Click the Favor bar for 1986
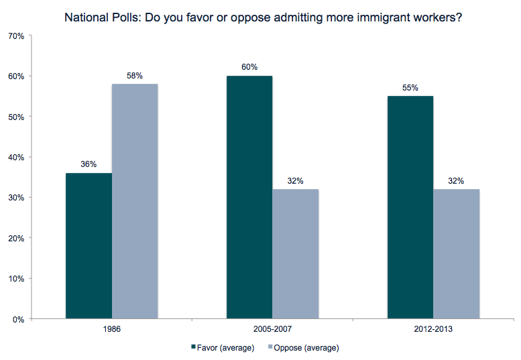(x=89, y=246)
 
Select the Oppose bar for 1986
(x=135, y=201)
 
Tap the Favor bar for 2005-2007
(x=249, y=197)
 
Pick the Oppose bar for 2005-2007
(x=296, y=254)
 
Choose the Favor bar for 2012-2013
(x=410, y=207)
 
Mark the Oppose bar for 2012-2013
(x=457, y=254)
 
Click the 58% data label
(x=135, y=76)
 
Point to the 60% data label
(x=249, y=67)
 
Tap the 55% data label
(x=410, y=88)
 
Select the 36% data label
(x=89, y=164)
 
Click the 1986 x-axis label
(x=112, y=329)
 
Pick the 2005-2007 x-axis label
(x=272, y=329)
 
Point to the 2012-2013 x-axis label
(x=433, y=329)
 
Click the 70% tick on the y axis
(x=16, y=36)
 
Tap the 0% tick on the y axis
(x=18, y=319)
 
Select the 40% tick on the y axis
(x=16, y=157)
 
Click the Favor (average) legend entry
(x=223, y=348)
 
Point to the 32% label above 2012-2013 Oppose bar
(x=457, y=181)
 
